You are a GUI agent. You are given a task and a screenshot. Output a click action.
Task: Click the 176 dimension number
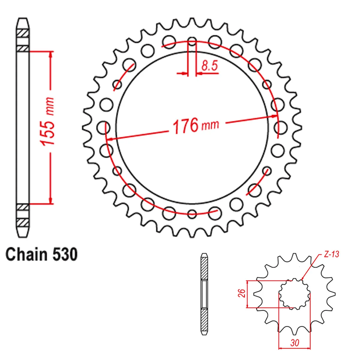coord(186,126)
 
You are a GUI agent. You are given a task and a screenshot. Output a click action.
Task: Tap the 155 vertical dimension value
coord(48,121)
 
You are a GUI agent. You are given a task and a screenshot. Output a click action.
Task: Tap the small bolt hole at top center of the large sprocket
coord(192,41)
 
